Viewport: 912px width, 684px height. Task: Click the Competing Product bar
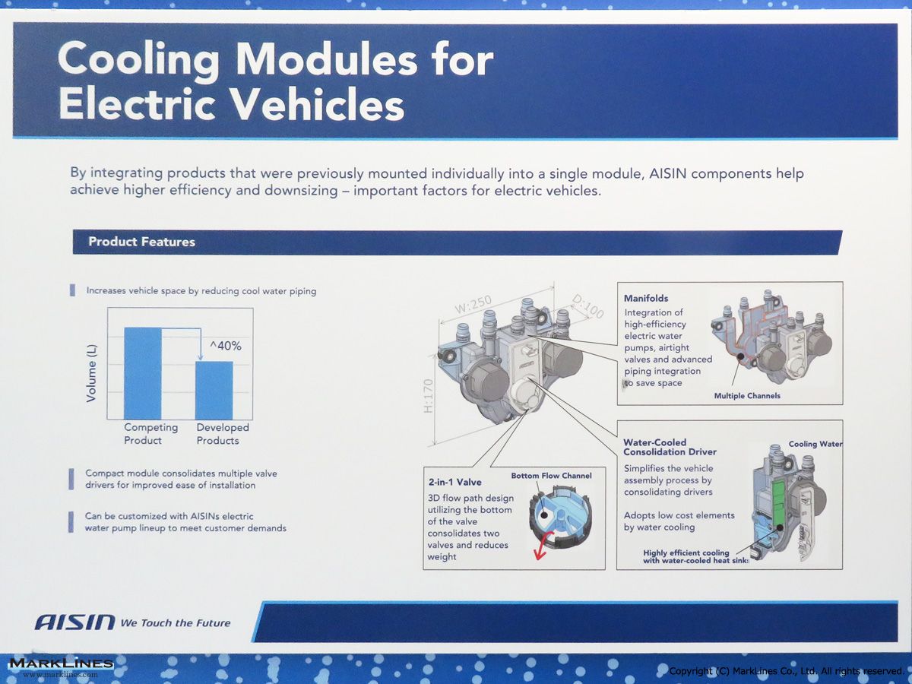pos(143,373)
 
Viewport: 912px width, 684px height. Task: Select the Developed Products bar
pos(214,391)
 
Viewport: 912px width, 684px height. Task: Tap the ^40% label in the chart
pos(226,346)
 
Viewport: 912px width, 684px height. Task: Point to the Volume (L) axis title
pos(91,373)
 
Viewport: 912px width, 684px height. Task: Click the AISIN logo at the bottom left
pos(74,622)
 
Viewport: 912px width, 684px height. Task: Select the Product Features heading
pos(141,242)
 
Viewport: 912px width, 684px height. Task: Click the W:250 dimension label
pos(473,306)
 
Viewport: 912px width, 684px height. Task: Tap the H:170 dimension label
pos(429,396)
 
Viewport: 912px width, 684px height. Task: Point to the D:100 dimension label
pos(587,306)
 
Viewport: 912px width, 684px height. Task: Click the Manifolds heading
pos(646,298)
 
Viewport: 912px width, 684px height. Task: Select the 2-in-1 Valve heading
pos(455,482)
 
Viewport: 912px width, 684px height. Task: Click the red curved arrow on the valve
pos(542,545)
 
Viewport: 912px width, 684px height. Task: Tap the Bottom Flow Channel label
pos(551,476)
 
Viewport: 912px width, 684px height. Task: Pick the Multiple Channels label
pos(747,396)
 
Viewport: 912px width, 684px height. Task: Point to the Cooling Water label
pos(815,444)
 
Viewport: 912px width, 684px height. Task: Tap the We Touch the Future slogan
pos(176,623)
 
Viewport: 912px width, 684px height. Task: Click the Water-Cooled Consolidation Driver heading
pos(670,448)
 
